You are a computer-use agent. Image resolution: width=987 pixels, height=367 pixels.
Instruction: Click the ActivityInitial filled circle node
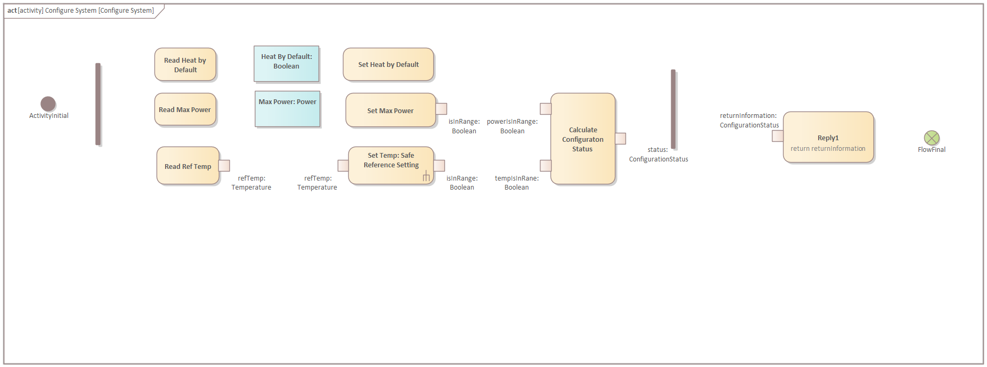(x=48, y=104)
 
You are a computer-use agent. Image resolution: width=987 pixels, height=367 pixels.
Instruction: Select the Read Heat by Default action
(x=185, y=65)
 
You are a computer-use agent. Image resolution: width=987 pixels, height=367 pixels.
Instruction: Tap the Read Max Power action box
(x=185, y=110)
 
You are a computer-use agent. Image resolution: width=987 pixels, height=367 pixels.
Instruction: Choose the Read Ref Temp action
(x=187, y=166)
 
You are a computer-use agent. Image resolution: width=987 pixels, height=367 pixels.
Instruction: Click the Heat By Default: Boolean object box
(x=287, y=64)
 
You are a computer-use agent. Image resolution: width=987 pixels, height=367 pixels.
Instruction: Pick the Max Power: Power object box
(x=288, y=109)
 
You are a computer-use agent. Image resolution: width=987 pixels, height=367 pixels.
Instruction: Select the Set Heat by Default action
(x=388, y=65)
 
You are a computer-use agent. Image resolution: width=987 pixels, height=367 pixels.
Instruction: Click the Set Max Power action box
(x=390, y=110)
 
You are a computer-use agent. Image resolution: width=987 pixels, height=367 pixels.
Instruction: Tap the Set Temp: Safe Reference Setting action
(x=391, y=165)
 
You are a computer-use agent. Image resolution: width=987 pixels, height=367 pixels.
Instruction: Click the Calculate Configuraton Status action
(x=582, y=139)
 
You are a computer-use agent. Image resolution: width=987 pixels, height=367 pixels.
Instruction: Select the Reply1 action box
(x=828, y=137)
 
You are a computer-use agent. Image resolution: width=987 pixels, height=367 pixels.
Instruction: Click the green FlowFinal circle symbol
(x=931, y=138)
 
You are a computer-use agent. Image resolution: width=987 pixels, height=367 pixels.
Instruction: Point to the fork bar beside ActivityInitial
(x=98, y=104)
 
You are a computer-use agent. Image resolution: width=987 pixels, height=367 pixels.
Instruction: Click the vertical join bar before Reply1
(x=673, y=109)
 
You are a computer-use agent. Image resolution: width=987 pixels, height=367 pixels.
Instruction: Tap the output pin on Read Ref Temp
(x=225, y=166)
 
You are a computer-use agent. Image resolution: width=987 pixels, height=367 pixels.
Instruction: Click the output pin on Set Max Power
(x=441, y=108)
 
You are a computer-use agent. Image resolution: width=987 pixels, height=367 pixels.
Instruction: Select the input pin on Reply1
(x=777, y=136)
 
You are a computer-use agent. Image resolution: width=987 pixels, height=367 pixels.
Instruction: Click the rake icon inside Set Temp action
(x=426, y=176)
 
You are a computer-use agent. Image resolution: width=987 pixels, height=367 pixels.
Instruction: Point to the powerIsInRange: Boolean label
(x=512, y=126)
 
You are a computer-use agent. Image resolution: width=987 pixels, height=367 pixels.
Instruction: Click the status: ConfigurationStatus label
(x=658, y=155)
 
